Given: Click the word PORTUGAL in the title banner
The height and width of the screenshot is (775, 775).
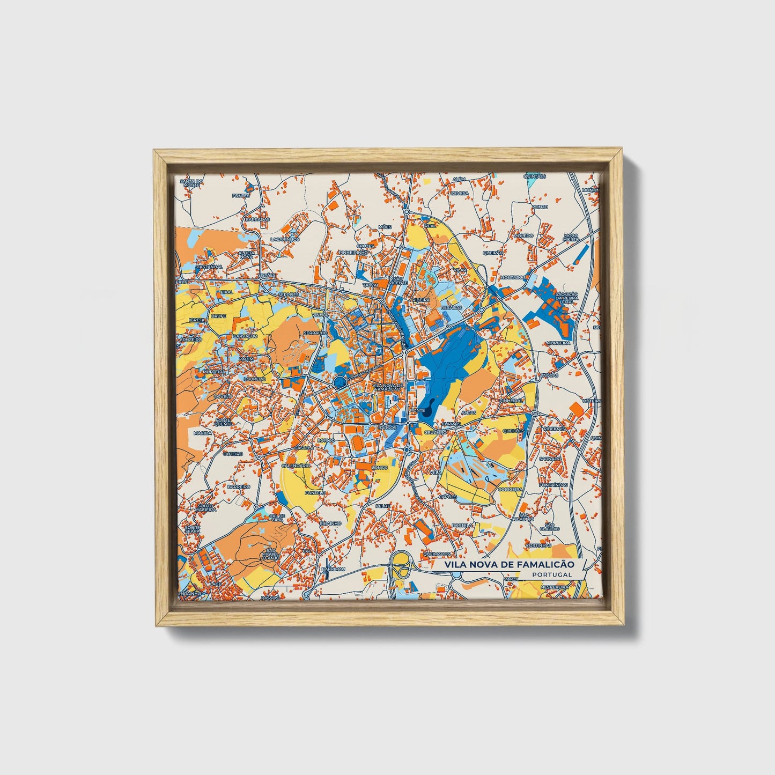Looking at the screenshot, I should [x=552, y=574].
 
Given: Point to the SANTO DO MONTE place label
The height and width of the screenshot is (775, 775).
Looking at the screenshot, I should [x=191, y=183].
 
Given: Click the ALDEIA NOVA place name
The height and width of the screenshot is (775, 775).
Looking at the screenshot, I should [x=246, y=254].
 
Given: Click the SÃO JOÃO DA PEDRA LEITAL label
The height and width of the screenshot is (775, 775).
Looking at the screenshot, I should [x=566, y=298].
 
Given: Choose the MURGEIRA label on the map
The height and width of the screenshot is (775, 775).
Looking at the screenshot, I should [x=557, y=343].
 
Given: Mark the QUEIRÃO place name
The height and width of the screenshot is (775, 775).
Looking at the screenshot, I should [x=493, y=252].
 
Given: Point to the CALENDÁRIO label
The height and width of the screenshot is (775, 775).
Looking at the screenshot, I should [x=296, y=466].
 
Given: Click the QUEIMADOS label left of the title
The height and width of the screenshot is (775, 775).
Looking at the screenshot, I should [x=436, y=553].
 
